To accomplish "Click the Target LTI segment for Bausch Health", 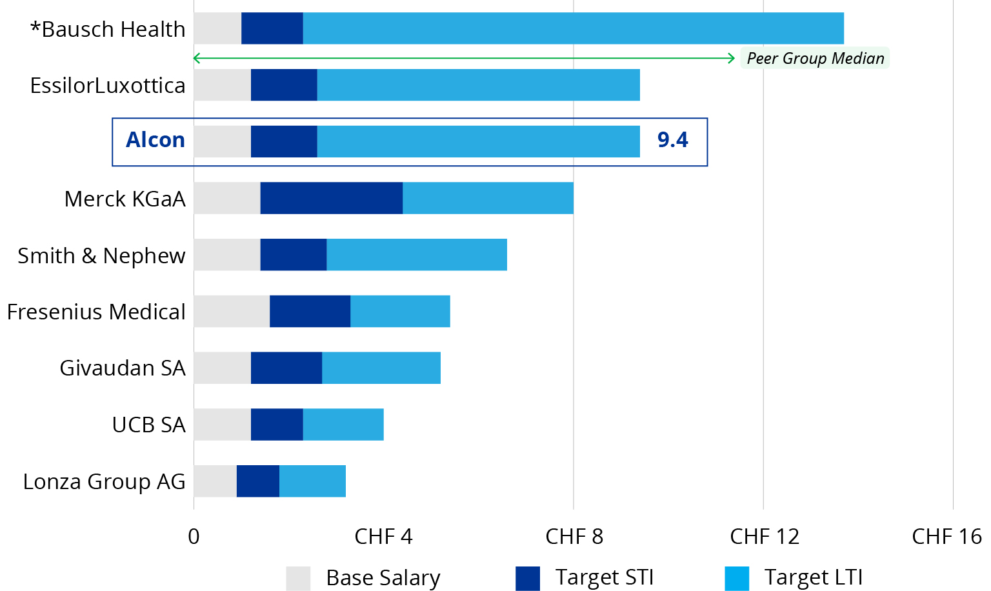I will (573, 28).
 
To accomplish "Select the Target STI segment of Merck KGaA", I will (331, 198).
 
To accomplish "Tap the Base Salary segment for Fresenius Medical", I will (232, 311).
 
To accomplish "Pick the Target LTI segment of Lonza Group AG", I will (312, 481).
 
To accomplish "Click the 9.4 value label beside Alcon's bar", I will (672, 140).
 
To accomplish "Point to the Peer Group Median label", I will (815, 58).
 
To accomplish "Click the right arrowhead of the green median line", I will (731, 58).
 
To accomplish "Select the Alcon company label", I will (155, 140).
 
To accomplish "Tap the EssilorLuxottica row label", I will (108, 85).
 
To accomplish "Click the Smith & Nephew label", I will (101, 255).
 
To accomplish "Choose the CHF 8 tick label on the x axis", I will (574, 536).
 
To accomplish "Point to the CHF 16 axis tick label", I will (946, 536).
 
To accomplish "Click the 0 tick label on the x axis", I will (194, 536).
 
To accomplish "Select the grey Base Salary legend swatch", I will (298, 578).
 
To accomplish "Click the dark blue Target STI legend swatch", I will (527, 578).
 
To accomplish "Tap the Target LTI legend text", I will (813, 577).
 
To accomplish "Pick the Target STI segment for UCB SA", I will (277, 425).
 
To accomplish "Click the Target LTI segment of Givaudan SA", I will (381, 368).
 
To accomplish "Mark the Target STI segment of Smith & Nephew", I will (293, 255).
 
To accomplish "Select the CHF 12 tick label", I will (764, 536).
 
